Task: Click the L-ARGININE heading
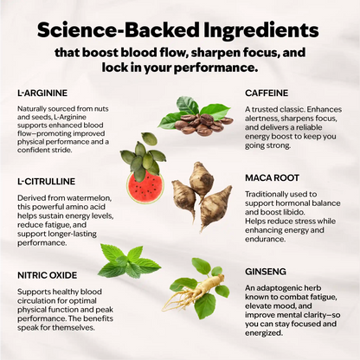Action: click(x=42, y=93)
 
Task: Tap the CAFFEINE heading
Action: click(x=267, y=93)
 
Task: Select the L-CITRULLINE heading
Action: click(x=46, y=182)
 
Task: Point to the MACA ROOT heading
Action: click(x=272, y=177)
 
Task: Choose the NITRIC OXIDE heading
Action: click(x=48, y=275)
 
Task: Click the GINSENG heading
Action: click(x=266, y=272)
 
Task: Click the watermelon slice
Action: click(x=145, y=187)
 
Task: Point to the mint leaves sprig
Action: click(x=129, y=260)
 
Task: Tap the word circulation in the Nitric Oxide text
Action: click(x=35, y=300)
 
